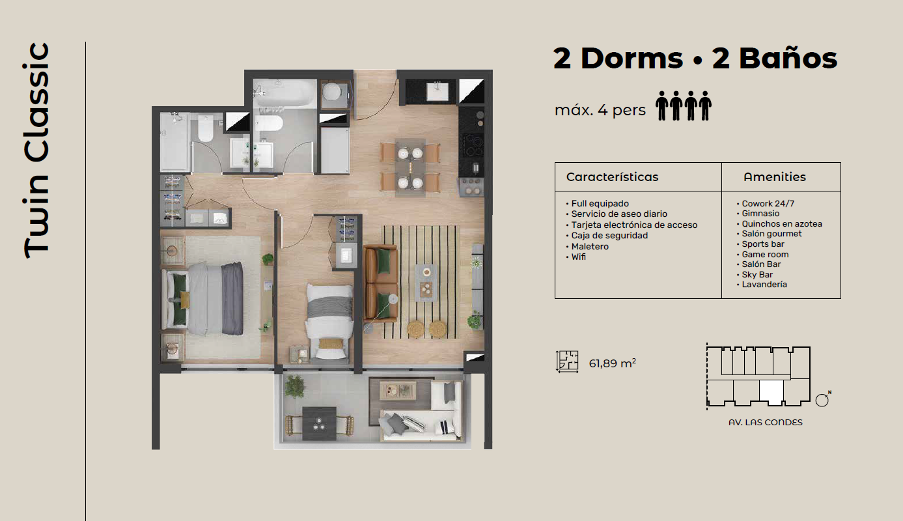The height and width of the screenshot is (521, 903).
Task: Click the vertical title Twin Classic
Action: [36, 150]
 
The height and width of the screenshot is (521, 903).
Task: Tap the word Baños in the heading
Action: [788, 59]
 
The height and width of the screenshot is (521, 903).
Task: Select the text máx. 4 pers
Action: [600, 109]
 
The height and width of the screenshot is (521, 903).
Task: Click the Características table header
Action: [612, 176]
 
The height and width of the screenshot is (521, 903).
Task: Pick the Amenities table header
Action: [774, 176]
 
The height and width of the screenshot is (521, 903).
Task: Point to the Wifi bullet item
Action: [576, 257]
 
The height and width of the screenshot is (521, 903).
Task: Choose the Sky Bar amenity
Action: [755, 275]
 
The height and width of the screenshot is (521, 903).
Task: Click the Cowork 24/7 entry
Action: [766, 204]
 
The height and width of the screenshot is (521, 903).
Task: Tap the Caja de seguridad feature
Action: [607, 236]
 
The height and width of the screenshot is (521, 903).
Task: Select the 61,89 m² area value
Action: [613, 363]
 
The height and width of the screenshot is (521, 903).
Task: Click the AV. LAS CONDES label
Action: [765, 422]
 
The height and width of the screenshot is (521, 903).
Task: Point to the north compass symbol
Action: [822, 399]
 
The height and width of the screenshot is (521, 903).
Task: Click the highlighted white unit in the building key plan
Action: [771, 392]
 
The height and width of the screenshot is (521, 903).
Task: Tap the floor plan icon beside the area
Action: [567, 361]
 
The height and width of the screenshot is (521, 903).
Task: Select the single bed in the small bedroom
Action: [329, 320]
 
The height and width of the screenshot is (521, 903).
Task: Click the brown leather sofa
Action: [381, 283]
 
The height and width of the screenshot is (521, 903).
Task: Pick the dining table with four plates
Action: [410, 168]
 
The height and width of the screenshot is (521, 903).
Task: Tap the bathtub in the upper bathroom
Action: [285, 93]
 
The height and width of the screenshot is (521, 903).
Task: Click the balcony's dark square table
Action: [319, 423]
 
